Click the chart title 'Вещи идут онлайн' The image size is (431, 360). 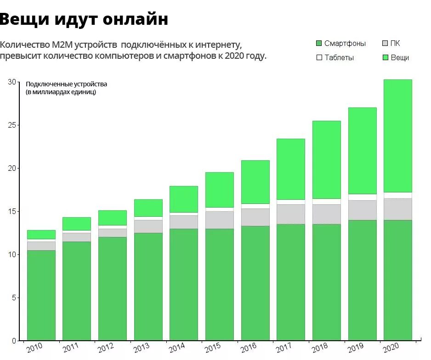coord(84,19)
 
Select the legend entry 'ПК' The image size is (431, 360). coord(395,44)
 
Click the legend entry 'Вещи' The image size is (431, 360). coord(400,58)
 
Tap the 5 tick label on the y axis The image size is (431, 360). coord(14,298)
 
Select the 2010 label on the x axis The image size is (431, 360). coord(34,349)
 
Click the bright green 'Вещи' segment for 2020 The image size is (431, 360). coord(398,135)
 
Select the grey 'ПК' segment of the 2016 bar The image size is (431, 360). coord(255,217)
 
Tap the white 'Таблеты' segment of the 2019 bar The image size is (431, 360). coord(363,197)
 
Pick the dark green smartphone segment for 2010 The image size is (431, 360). coord(41,294)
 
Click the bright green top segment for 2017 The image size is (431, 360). coord(291,169)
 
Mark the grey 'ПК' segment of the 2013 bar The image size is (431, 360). coord(148,226)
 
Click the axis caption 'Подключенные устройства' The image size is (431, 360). coord(66,84)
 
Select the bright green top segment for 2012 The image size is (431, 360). coord(113,218)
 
